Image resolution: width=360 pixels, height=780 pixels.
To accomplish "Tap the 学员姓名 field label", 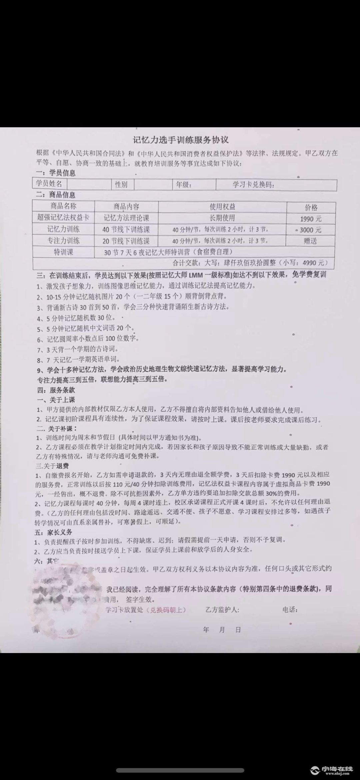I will [x=49, y=184].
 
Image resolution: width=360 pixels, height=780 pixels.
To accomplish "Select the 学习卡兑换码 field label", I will [x=253, y=185].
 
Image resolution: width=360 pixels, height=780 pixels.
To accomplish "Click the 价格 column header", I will [x=311, y=208].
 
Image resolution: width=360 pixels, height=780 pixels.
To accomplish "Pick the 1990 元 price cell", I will [x=310, y=219].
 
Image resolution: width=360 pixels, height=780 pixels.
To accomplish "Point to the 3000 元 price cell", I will [x=310, y=230].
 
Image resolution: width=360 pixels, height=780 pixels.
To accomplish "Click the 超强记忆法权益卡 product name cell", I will [x=63, y=218].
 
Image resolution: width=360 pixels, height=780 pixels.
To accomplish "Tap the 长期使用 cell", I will [x=222, y=218].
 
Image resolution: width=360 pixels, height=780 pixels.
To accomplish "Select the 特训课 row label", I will [x=63, y=252].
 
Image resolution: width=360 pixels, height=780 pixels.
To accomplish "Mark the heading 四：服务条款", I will [x=56, y=390].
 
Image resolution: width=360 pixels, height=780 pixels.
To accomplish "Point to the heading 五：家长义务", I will [x=53, y=532].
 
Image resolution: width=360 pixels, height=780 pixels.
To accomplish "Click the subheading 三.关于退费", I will [x=53, y=466].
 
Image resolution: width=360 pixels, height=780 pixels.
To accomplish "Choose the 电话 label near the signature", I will [x=290, y=610].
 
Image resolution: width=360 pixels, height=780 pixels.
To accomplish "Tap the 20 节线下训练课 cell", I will [x=126, y=241].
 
